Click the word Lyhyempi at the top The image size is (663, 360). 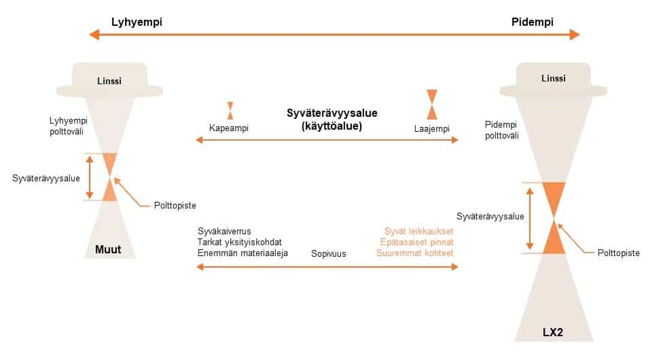[137, 22]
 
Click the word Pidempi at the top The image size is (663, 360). [533, 22]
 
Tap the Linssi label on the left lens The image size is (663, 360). [109, 81]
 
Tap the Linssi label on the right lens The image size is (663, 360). [553, 78]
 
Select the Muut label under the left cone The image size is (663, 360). [108, 249]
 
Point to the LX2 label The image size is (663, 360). [553, 332]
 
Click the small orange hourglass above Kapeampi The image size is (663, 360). [230, 111]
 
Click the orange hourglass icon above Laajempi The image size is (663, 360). [432, 105]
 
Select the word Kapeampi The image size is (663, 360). [229, 128]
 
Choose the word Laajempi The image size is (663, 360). [432, 128]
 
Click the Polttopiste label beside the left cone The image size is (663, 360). [175, 206]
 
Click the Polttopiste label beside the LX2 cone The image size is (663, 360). [618, 253]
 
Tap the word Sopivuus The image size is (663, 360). [329, 254]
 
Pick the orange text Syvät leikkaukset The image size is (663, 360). [418, 232]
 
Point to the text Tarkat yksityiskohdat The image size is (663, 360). [239, 242]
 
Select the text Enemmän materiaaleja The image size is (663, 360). [243, 253]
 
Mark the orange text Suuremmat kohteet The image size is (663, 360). [415, 253]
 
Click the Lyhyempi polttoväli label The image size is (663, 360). [68, 126]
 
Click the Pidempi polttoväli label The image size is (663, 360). [501, 130]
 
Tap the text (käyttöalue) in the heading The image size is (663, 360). [331, 126]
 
